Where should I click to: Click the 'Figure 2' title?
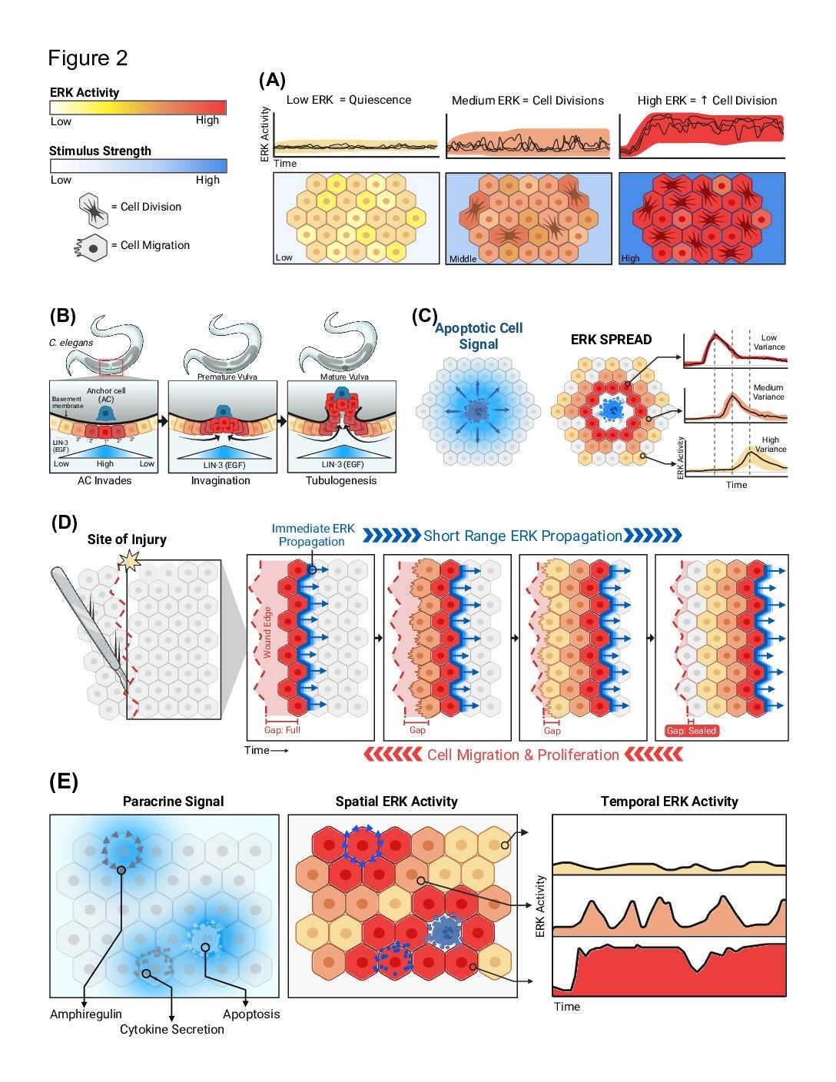pyautogui.click(x=88, y=58)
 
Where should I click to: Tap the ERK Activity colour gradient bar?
pyautogui.click(x=138, y=108)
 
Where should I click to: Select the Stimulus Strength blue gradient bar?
pyautogui.click(x=138, y=166)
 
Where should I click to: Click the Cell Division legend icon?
pyautogui.click(x=92, y=208)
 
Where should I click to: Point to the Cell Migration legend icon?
pyautogui.click(x=92, y=247)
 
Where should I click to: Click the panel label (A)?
pyautogui.click(x=272, y=80)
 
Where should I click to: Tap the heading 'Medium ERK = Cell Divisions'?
pyautogui.click(x=527, y=101)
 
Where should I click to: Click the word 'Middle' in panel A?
pyautogui.click(x=463, y=259)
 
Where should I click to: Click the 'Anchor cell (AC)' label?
pyautogui.click(x=105, y=395)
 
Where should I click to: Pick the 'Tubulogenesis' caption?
pyautogui.click(x=341, y=481)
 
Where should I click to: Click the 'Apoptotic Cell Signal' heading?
pyautogui.click(x=479, y=336)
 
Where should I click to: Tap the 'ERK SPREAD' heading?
pyautogui.click(x=611, y=340)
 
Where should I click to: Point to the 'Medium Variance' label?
pyautogui.click(x=768, y=392)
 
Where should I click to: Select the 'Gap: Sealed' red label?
pyautogui.click(x=692, y=731)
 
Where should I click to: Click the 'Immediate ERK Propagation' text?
pyautogui.click(x=313, y=535)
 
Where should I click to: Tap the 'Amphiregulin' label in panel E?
pyautogui.click(x=86, y=1014)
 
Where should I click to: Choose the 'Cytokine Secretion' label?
pyautogui.click(x=172, y=1030)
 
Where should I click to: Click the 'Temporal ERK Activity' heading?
pyautogui.click(x=669, y=802)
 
